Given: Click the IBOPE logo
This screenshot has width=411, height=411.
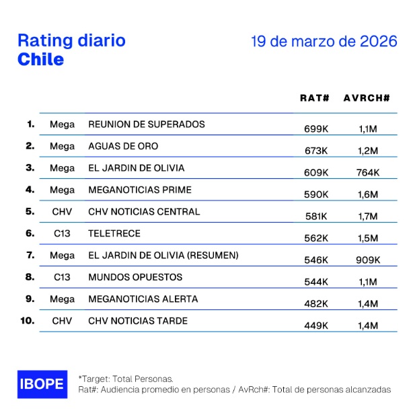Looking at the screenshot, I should (41, 383).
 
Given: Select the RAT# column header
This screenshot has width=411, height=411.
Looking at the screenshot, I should (314, 98).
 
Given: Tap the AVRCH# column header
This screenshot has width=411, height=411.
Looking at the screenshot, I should (367, 98).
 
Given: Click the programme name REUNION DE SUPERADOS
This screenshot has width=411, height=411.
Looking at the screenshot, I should (147, 124).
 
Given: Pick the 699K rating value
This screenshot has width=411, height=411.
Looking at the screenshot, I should (316, 128).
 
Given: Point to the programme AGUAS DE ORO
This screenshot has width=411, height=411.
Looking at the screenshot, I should (123, 146).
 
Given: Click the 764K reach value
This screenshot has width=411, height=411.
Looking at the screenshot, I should (368, 172).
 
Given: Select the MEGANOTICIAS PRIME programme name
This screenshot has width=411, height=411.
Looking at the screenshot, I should (140, 190).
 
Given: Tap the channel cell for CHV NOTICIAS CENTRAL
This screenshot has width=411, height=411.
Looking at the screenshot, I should (62, 211).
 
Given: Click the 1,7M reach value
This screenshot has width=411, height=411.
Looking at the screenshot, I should (368, 216).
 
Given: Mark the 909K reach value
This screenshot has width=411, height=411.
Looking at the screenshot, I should (368, 260).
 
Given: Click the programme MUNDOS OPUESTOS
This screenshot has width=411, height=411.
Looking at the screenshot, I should (135, 277).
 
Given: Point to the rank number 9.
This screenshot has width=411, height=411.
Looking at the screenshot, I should (30, 299).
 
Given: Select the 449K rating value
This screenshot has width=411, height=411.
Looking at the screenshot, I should (316, 326).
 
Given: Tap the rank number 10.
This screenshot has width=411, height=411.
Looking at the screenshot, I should (28, 321).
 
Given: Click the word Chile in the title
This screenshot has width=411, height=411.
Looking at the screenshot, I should (40, 59).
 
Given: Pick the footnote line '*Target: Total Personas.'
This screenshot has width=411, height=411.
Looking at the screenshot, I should (126, 379).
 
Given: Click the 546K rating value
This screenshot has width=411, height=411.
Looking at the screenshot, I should (316, 260).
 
